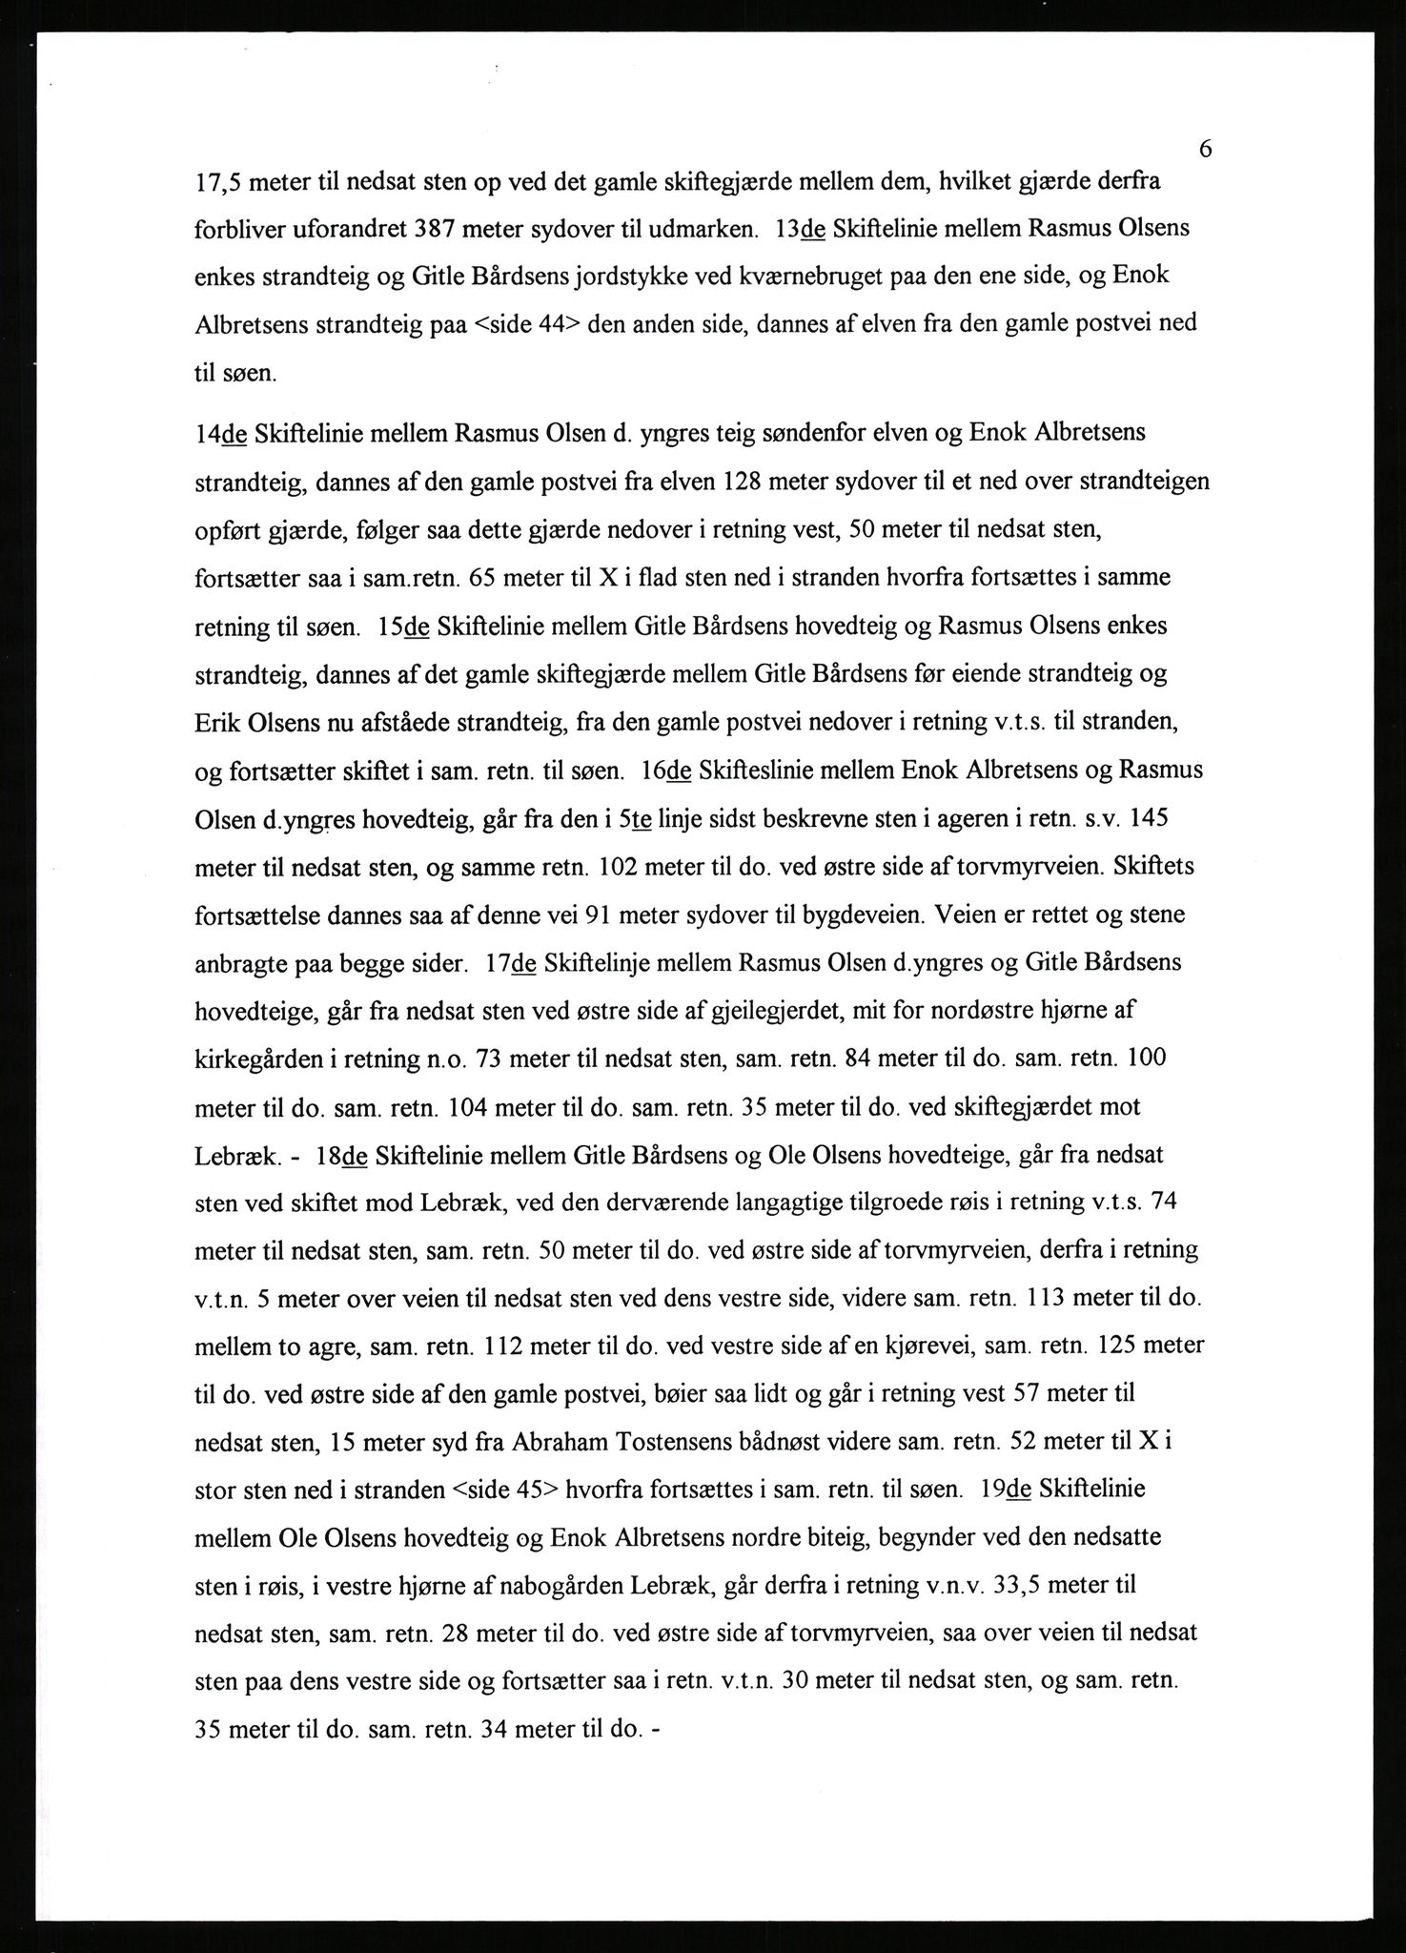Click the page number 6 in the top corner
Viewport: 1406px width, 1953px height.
1205,150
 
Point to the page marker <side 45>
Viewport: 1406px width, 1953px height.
508,1489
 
